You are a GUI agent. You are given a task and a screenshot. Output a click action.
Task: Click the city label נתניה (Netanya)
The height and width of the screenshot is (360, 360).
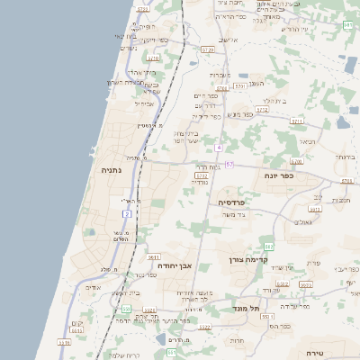click(x=112, y=168)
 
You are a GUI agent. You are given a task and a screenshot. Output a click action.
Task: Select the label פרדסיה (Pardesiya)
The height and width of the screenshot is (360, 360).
click(x=232, y=202)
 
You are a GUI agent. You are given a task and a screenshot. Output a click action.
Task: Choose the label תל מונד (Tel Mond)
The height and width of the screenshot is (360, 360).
click(x=244, y=309)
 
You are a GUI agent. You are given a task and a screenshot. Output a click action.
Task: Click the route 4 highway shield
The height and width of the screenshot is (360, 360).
click(x=219, y=146)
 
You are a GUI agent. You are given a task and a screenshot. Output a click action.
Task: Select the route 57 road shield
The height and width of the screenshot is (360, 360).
click(x=229, y=165)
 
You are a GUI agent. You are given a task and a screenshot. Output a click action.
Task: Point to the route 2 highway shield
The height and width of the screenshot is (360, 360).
click(x=128, y=214)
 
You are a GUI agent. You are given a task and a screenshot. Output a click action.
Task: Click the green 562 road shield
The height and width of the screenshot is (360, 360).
click(x=268, y=246)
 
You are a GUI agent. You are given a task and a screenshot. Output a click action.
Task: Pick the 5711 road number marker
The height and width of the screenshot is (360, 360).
click(x=346, y=180)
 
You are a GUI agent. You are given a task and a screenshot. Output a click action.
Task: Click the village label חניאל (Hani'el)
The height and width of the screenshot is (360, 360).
click(x=309, y=141)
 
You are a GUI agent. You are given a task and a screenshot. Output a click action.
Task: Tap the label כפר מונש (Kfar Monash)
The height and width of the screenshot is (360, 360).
click(x=239, y=114)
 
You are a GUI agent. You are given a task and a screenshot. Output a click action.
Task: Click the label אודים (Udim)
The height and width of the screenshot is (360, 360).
click(x=92, y=287)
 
